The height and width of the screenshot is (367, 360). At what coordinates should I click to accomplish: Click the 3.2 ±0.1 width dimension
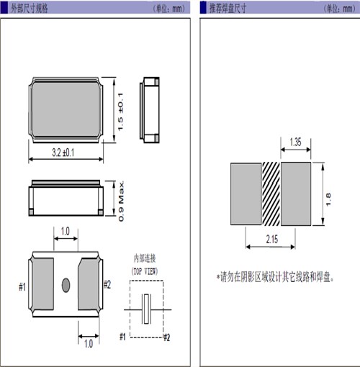point(63,153)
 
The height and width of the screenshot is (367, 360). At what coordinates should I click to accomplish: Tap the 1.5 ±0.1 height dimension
point(120,112)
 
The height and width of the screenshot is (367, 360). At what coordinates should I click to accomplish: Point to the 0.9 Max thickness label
point(122,201)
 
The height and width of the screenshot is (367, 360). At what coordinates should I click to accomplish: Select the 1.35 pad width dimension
point(295,142)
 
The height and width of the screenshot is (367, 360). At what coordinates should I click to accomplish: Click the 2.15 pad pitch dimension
point(272,239)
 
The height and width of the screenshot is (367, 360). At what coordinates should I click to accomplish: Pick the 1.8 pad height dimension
point(328,199)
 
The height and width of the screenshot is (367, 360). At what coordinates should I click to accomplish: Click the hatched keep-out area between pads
point(271,194)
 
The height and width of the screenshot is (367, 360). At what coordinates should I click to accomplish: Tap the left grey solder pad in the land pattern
point(246,194)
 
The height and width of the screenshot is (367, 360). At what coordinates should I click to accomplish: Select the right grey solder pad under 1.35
point(296,194)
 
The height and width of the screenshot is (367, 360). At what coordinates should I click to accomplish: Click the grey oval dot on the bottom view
point(66,285)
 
